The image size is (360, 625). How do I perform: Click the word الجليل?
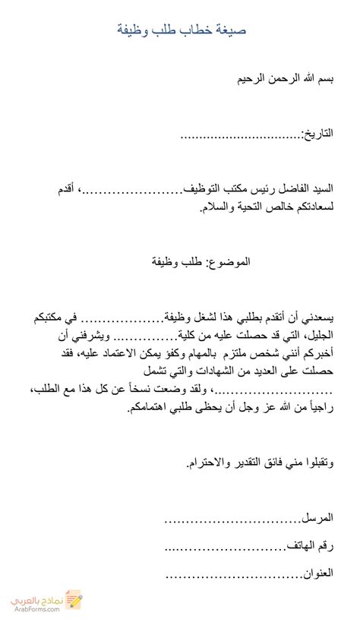tap(320, 336)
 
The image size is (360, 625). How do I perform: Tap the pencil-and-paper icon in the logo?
tap(73, 600)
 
